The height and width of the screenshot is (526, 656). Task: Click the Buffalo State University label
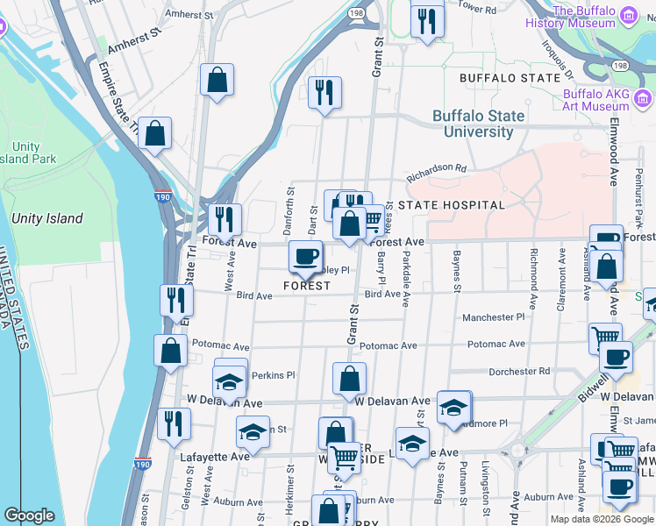click(x=478, y=124)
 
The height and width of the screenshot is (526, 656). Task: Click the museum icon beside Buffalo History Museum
click(x=628, y=15)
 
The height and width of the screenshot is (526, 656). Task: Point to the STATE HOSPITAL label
click(x=452, y=205)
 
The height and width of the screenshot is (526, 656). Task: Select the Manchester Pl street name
click(x=493, y=317)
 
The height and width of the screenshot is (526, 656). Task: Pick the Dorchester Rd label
click(x=519, y=372)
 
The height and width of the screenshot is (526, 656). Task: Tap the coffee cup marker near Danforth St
click(x=305, y=257)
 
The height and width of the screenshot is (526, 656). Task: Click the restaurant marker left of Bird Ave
click(x=176, y=300)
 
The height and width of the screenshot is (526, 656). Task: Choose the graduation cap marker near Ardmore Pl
click(x=453, y=408)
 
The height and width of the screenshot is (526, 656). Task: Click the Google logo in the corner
click(x=29, y=515)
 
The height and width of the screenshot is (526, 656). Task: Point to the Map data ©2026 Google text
click(x=600, y=519)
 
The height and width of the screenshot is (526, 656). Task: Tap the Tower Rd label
click(x=478, y=7)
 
